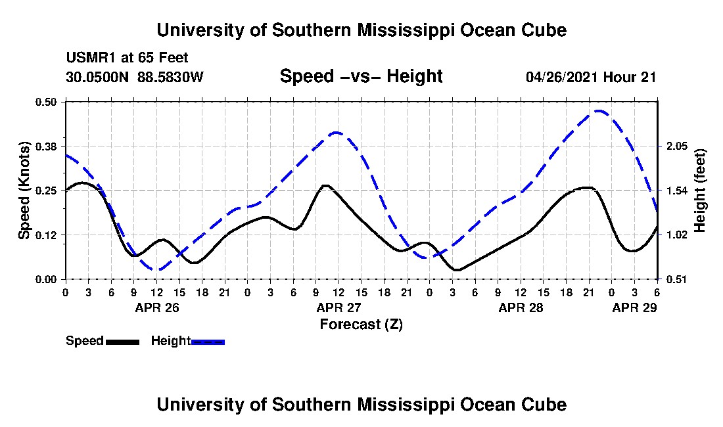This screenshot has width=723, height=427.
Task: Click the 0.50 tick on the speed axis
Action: [47, 101]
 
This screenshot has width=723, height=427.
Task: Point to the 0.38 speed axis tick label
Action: [47, 146]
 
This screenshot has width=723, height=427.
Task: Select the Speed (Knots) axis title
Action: [24, 191]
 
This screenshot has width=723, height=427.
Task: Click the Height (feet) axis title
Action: [699, 191]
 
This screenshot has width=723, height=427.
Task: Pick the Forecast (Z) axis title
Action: [361, 325]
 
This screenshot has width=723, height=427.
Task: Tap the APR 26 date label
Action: [156, 307]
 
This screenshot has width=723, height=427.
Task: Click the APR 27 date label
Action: [338, 307]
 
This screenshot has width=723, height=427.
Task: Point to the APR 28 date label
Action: [521, 307]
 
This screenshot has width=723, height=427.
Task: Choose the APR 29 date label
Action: [634, 307]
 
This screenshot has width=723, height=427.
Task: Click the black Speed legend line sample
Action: [122, 342]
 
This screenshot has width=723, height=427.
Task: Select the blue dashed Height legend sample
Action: [208, 342]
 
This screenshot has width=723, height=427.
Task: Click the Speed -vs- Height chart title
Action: [361, 76]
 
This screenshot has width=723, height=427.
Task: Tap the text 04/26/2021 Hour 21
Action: [591, 77]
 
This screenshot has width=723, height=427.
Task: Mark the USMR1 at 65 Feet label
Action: [127, 58]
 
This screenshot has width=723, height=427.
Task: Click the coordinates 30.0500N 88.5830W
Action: [135, 77]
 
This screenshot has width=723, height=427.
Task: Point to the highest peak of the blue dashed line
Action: [598, 110]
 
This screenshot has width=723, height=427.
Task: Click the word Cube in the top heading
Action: [543, 30]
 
